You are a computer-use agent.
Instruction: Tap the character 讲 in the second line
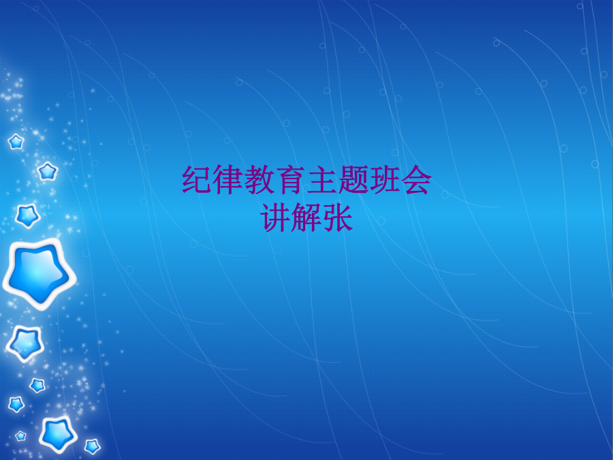click(276, 217)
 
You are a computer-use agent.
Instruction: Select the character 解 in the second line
click(307, 217)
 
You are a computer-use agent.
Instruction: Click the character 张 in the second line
click(338, 217)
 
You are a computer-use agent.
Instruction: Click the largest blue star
click(38, 274)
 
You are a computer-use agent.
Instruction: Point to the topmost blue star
click(16, 142)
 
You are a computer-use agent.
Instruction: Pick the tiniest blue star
click(20, 435)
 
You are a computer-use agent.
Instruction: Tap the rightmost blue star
click(92, 446)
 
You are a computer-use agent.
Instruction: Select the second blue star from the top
click(48, 171)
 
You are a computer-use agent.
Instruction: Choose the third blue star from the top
click(27, 215)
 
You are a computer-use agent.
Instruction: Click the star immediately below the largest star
click(25, 343)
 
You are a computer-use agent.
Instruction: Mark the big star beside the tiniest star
click(58, 434)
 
